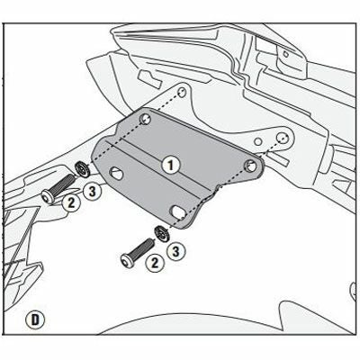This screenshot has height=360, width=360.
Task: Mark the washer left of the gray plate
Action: (x=80, y=167)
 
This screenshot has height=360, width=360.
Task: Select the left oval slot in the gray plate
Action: (x=118, y=170)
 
